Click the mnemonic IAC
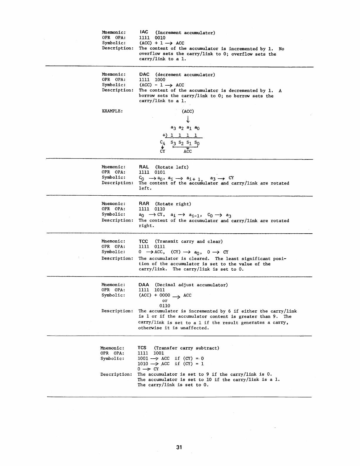(144, 32)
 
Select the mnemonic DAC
(144, 74)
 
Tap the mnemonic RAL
(144, 167)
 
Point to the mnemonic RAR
(144, 204)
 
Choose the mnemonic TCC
(144, 241)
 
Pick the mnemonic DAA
(144, 284)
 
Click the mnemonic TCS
(142, 348)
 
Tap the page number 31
(179, 447)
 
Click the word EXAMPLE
(112, 111)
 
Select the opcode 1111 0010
(152, 38)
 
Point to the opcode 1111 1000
(152, 80)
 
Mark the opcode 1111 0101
(152, 172)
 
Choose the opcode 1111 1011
(152, 290)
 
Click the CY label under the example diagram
(162, 151)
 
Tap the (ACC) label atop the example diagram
(188, 111)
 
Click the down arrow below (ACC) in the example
(188, 119)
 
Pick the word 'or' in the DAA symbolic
(165, 301)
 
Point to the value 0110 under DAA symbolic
(165, 306)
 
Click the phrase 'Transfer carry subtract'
(187, 348)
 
